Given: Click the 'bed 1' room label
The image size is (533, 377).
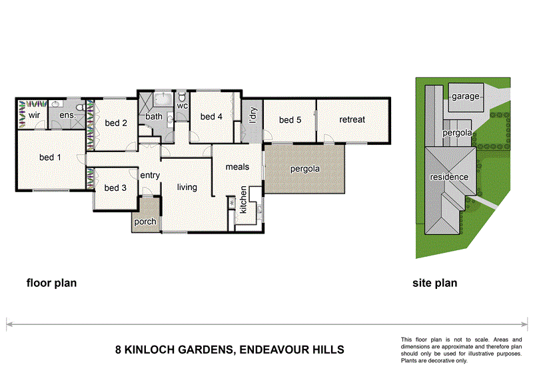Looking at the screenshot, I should (x=51, y=158).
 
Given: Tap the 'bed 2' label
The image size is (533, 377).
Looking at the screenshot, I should (x=116, y=123).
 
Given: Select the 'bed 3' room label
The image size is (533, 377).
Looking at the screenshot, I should (x=115, y=188).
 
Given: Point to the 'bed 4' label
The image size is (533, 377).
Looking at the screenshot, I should (x=211, y=117).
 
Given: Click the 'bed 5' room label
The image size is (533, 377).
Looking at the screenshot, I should (x=290, y=120).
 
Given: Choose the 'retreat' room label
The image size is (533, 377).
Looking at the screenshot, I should (x=352, y=120).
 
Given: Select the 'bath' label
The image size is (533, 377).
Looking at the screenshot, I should (x=154, y=117).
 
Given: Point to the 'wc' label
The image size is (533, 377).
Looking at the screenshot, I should (x=183, y=105).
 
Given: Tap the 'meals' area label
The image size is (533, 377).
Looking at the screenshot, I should (x=237, y=166).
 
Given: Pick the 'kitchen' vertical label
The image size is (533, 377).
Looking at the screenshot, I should (x=244, y=200).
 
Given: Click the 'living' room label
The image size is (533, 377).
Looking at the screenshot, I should (x=187, y=187).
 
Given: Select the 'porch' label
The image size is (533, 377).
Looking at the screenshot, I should (x=145, y=222).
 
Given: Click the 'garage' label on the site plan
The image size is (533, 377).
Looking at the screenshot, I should (x=465, y=97).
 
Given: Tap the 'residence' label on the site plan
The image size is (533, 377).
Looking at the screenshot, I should (x=448, y=177).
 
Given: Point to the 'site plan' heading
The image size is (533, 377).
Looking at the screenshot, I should (x=434, y=283).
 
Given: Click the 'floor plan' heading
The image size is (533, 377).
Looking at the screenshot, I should (x=51, y=283).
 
